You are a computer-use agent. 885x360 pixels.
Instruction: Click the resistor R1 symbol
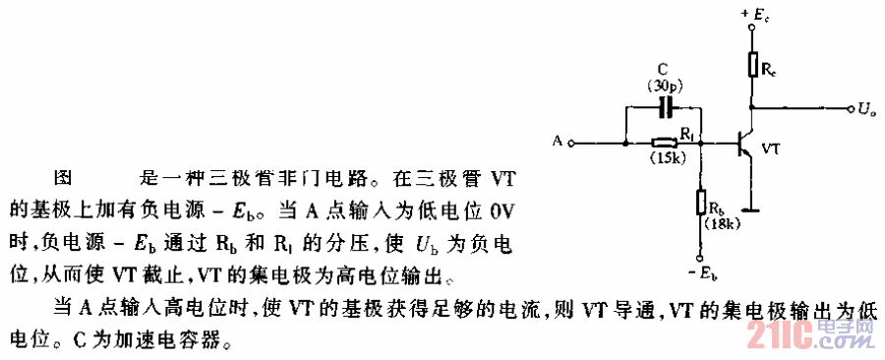click(672, 144)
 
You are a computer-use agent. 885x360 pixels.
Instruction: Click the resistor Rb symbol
click(701, 203)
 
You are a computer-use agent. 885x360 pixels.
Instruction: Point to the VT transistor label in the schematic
click(773, 147)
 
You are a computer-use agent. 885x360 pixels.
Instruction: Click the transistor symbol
click(744, 144)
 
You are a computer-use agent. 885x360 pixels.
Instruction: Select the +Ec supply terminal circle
click(752, 30)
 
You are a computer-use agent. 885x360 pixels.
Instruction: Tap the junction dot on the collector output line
click(752, 106)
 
